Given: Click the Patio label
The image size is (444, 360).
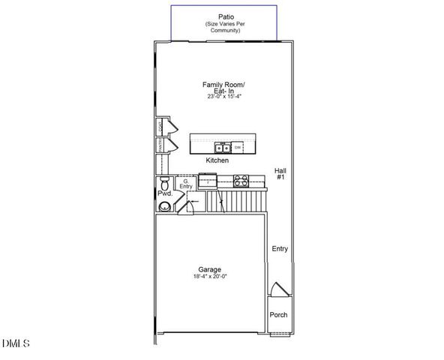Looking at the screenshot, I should tap(226, 16).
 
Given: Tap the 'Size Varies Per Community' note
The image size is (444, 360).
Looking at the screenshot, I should tap(226, 28).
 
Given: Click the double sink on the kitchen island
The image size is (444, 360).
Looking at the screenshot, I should tap(223, 147).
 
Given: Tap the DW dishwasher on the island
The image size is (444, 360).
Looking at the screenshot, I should tap(238, 147).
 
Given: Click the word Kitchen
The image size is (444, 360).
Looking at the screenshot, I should tap(217, 160).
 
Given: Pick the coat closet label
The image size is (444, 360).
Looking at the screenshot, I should tap(160, 125).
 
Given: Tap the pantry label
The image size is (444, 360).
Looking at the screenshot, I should tap(160, 143).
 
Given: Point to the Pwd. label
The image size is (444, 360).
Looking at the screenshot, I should tap(164, 193).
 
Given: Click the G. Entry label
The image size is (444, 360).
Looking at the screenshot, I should tap(184, 184).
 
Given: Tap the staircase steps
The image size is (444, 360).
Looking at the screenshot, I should tap(239, 201).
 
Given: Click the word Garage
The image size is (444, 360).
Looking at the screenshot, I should tap(209, 269).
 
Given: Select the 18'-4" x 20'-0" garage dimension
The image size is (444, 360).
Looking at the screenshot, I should tap(209, 277).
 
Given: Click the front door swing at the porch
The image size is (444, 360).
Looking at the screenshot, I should tap(278, 291).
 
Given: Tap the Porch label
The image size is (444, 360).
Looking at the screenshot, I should tap(278, 314).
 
